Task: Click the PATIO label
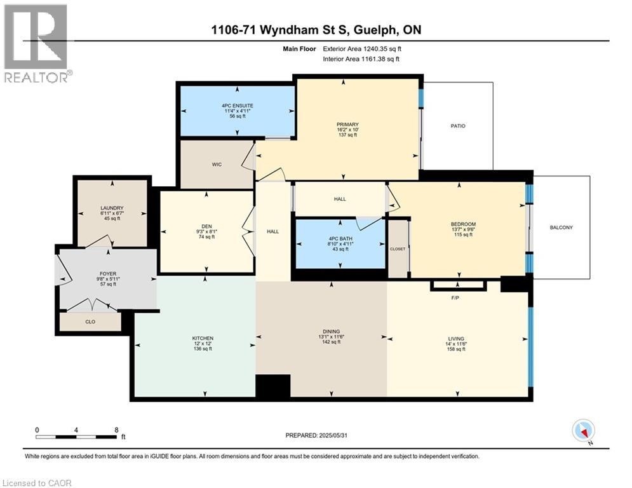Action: tap(458, 126)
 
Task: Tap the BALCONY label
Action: tap(561, 227)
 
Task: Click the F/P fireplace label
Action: tap(455, 297)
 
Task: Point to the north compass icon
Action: tap(582, 431)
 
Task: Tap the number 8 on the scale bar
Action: tap(116, 430)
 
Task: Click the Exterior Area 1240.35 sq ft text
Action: tap(361, 48)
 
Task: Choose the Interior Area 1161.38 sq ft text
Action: tap(361, 59)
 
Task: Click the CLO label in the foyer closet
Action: tap(90, 322)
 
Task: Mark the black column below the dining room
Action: tap(272, 386)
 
